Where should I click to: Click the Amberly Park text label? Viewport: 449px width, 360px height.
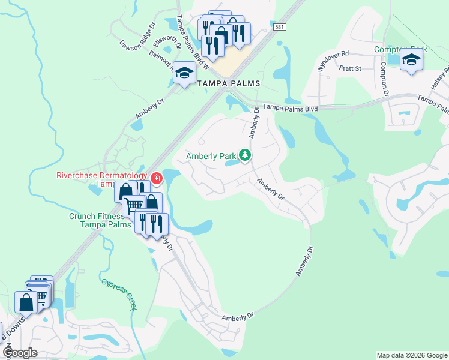(x=211, y=156)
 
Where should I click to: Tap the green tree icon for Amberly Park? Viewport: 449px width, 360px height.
(x=244, y=155)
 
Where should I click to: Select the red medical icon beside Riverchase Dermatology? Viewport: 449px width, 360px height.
(x=157, y=178)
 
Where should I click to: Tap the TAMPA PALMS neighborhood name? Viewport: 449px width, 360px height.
(x=229, y=84)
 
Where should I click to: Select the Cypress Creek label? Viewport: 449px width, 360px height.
(x=119, y=293)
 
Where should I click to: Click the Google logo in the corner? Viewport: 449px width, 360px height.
(x=20, y=352)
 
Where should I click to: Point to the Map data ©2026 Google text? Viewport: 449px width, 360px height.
(x=412, y=355)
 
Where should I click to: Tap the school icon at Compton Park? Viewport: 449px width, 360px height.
(x=411, y=59)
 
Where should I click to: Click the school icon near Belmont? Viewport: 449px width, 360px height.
(x=185, y=72)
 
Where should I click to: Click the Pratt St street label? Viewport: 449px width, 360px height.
(x=349, y=68)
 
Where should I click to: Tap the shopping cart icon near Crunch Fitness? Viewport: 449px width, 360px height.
(x=134, y=206)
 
